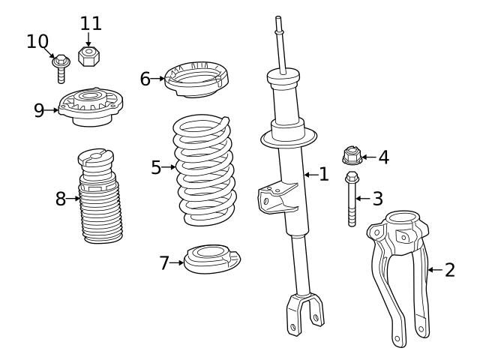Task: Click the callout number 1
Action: (323, 175)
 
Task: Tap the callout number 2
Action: (449, 270)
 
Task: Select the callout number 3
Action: (377, 199)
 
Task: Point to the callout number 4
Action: (383, 157)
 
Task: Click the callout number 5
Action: (156, 167)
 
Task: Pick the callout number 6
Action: (145, 78)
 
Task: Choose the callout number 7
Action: (165, 262)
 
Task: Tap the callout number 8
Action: (61, 199)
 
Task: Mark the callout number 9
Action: (40, 110)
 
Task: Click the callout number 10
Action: (37, 41)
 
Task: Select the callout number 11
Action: (90, 22)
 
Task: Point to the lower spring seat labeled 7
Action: (213, 260)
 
